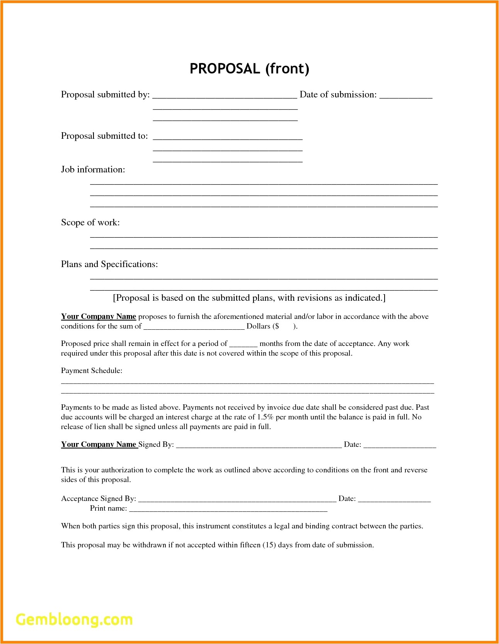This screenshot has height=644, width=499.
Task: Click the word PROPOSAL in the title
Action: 225,69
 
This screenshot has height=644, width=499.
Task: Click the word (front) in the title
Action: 287,69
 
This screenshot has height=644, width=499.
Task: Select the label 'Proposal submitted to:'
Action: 104,136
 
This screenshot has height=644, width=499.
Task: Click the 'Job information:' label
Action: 93,170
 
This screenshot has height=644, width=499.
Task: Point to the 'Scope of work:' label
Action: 90,223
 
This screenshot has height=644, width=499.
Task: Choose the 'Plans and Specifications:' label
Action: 109,264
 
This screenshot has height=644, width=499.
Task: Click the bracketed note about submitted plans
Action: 249,298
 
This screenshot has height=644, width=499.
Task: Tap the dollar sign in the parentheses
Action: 276,326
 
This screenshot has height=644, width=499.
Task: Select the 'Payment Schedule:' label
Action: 92,371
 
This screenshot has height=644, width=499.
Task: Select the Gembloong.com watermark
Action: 74,620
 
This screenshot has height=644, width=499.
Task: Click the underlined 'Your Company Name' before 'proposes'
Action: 99,317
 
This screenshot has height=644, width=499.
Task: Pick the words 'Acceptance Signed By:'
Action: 99,499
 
